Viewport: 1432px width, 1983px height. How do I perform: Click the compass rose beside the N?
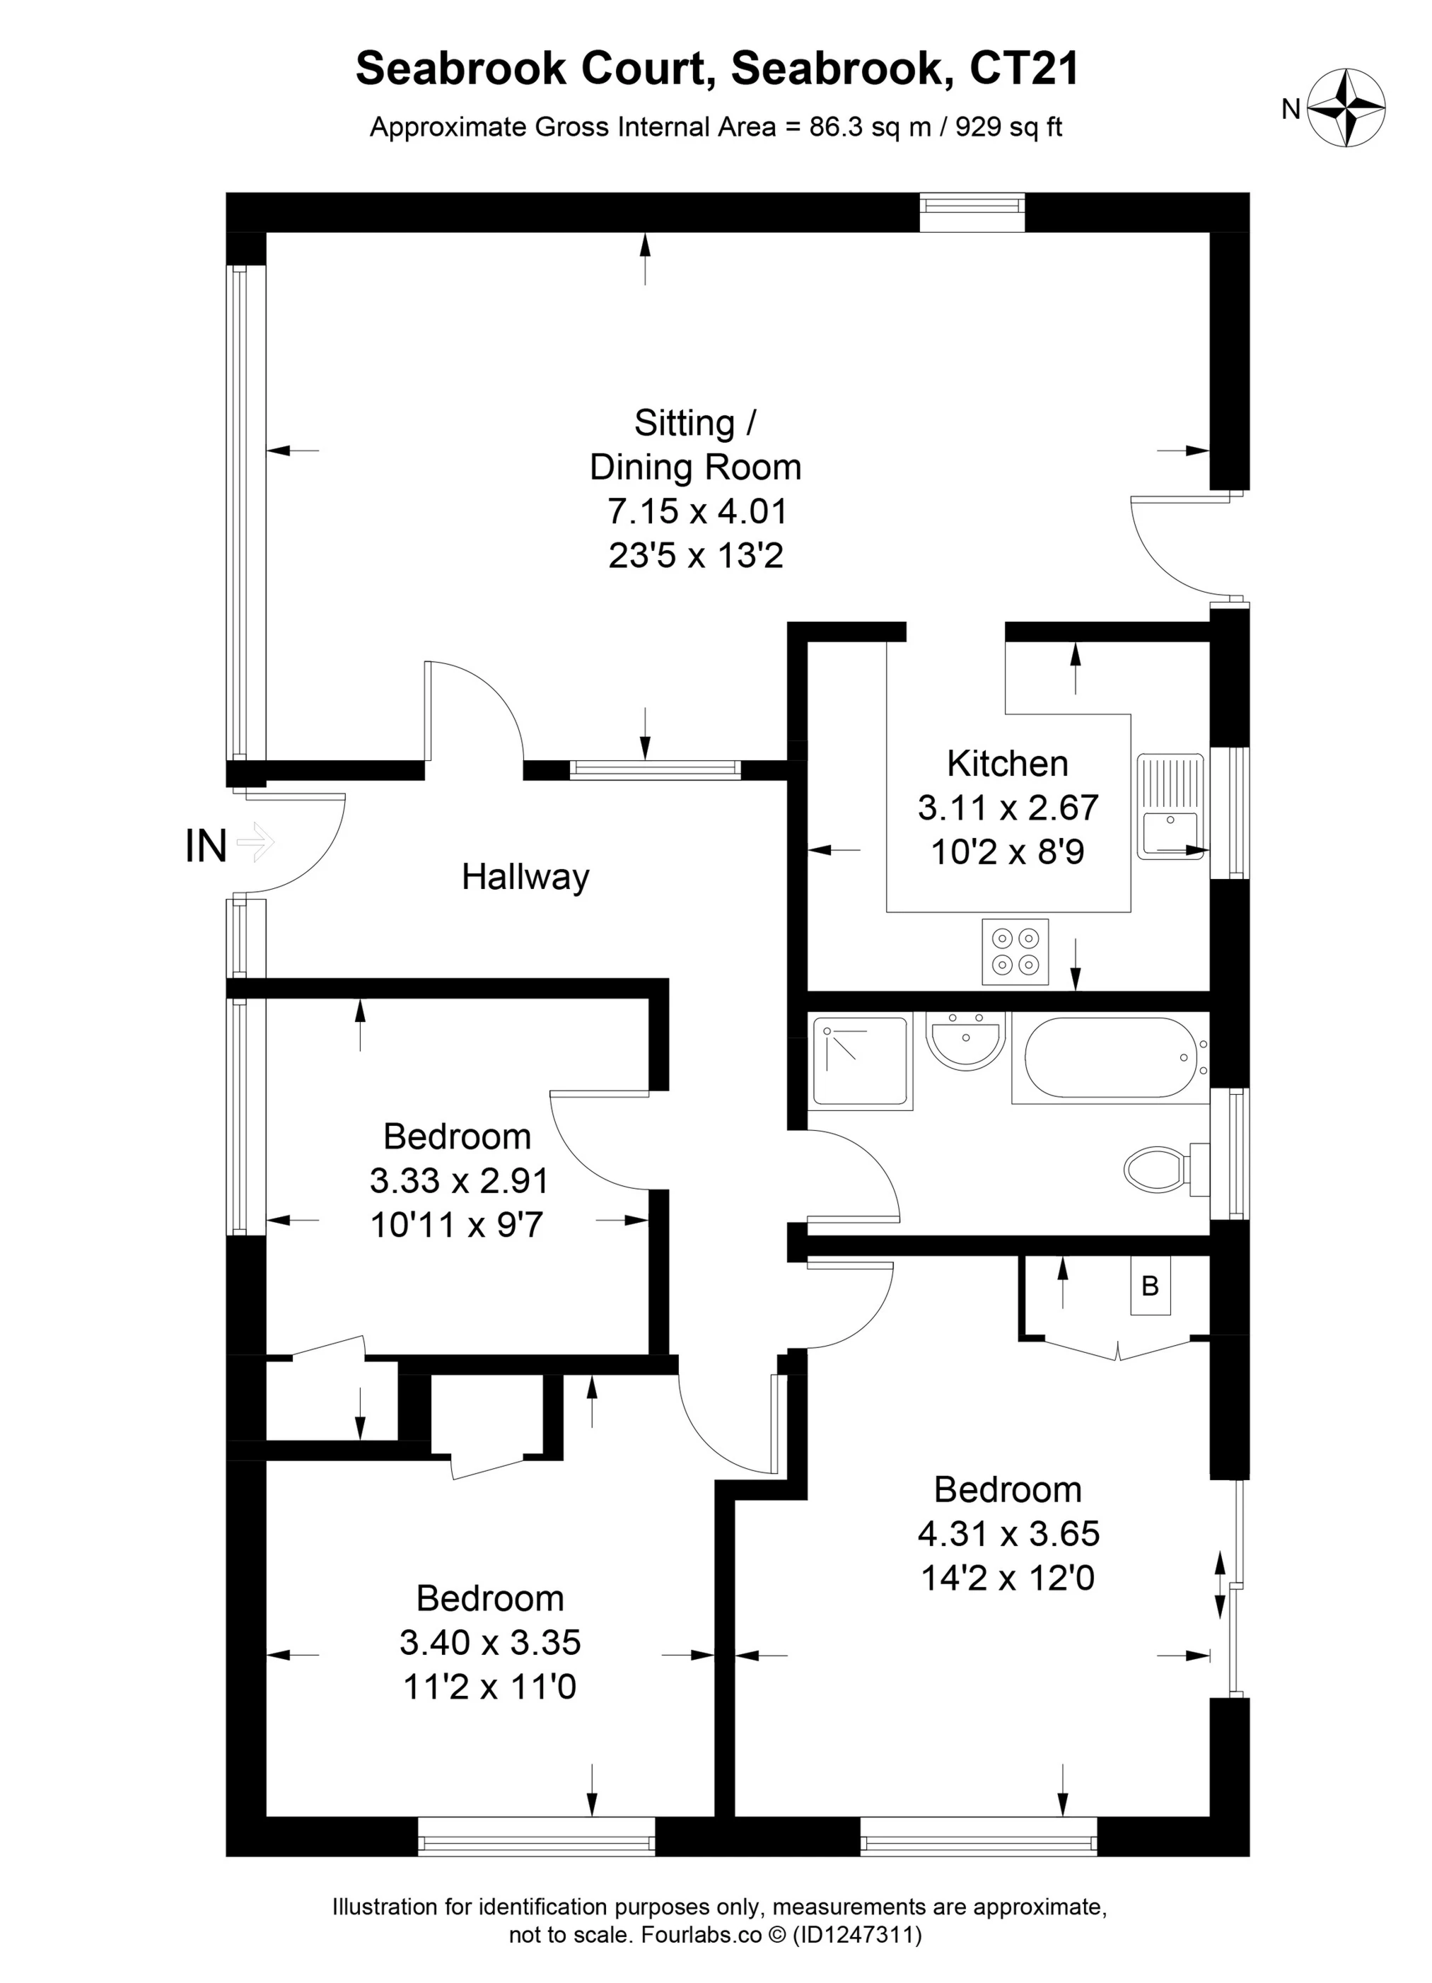point(1346,108)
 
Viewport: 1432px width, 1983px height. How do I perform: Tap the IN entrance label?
point(206,846)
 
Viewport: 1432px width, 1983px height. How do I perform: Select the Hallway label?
point(525,876)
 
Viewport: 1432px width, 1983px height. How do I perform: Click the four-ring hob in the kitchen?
point(1014,951)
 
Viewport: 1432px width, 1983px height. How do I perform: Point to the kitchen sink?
point(1170,807)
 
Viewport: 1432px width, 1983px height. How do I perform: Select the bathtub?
point(1110,1059)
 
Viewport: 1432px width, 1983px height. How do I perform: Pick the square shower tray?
point(862,1062)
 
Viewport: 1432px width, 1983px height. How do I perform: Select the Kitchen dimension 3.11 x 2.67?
point(1008,807)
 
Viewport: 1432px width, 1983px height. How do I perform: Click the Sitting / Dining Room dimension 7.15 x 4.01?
point(697,511)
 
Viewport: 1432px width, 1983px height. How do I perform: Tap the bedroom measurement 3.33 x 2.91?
point(459,1180)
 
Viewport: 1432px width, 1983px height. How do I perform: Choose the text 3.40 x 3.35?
point(491,1642)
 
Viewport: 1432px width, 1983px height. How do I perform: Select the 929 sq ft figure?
point(1009,128)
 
